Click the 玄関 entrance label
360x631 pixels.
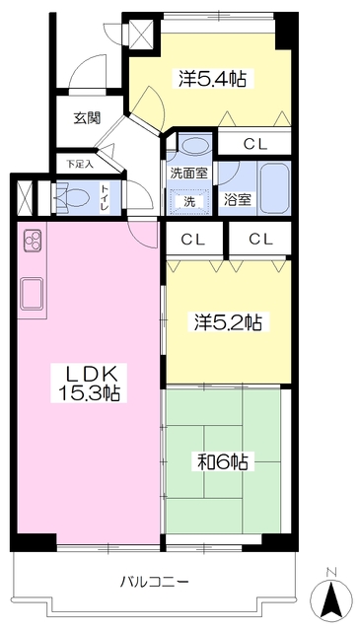click(x=87, y=118)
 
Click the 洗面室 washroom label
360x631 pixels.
click(x=187, y=172)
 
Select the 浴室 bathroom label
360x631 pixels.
click(x=237, y=200)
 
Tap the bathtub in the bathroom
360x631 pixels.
click(x=272, y=186)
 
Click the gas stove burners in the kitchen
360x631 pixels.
click(x=30, y=243)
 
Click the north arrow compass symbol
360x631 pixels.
click(x=332, y=596)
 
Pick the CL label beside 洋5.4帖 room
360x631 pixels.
click(x=254, y=144)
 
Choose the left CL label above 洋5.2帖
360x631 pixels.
click(x=193, y=238)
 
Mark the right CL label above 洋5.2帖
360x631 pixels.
click(x=260, y=238)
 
